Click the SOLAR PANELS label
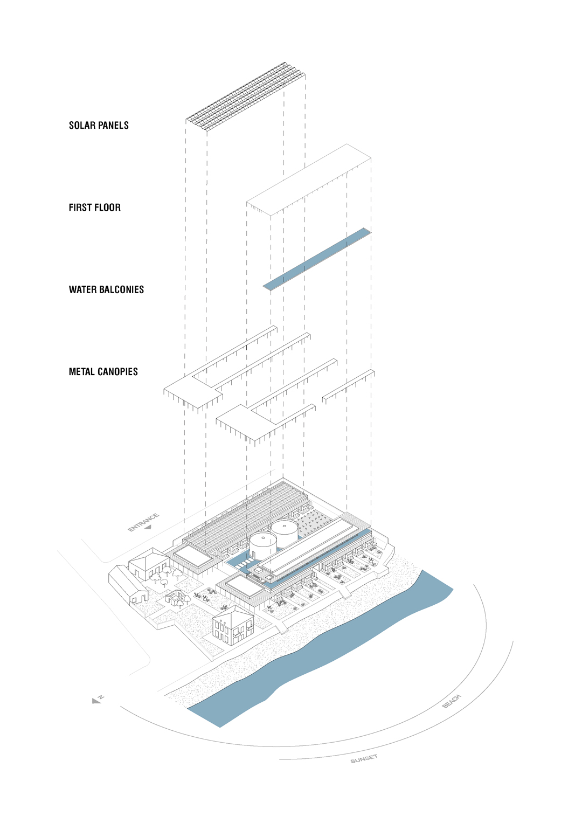point(99,126)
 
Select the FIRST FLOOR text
point(94,208)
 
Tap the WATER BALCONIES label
point(106,289)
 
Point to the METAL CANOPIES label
point(103,372)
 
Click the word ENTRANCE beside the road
point(143,522)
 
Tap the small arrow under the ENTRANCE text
point(148,528)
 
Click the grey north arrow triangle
point(96,701)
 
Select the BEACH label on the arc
point(452,701)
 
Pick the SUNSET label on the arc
point(364,759)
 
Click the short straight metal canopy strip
point(349,386)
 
